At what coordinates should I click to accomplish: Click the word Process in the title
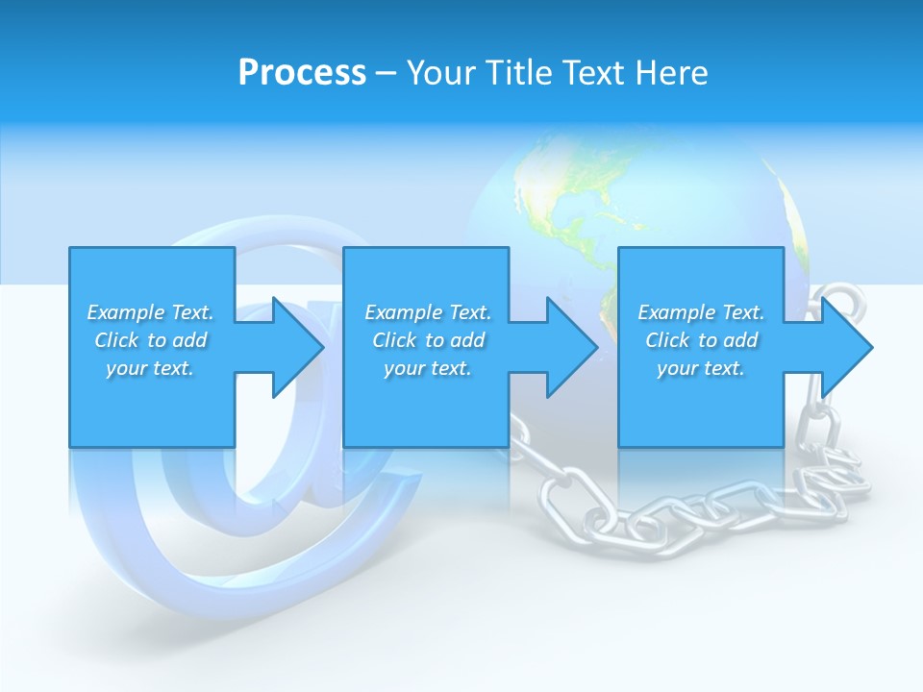pos(302,73)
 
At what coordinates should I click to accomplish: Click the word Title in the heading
pos(520,73)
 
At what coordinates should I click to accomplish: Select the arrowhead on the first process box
pos(298,347)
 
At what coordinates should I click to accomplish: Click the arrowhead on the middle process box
pos(572,347)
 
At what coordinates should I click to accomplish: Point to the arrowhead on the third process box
pos(847,347)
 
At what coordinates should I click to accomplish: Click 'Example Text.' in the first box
pos(150,312)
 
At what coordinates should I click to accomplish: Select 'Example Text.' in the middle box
pos(427,312)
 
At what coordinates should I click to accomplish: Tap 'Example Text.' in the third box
pos(701,312)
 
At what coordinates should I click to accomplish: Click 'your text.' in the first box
pos(150,368)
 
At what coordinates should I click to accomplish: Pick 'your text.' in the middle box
pos(427,368)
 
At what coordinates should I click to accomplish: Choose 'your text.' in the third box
pos(701,368)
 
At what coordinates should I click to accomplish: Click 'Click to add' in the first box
pos(150,340)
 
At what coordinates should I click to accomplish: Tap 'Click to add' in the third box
pos(701,340)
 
